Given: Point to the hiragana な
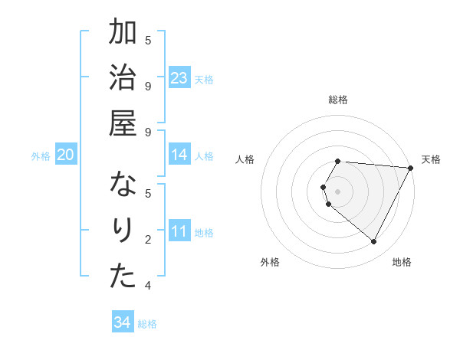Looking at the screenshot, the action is tap(123, 185).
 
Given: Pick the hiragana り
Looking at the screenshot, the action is tap(123, 231).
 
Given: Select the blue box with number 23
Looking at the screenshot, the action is tap(179, 78).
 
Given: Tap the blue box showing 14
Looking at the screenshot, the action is tap(179, 155).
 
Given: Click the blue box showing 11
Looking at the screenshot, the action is tap(179, 231).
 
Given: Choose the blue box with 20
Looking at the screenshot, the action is tap(66, 155).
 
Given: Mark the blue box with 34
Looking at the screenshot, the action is tap(122, 323).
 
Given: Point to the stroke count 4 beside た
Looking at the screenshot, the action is tap(148, 286).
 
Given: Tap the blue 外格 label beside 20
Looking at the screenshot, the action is tap(41, 156).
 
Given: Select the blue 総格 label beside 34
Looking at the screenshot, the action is tap(147, 324).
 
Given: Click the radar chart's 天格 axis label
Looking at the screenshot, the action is tap(432, 159).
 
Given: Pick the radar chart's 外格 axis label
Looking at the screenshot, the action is tap(270, 262).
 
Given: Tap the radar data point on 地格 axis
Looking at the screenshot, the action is tap(374, 242).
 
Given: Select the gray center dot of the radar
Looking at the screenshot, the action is tap(338, 191).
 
